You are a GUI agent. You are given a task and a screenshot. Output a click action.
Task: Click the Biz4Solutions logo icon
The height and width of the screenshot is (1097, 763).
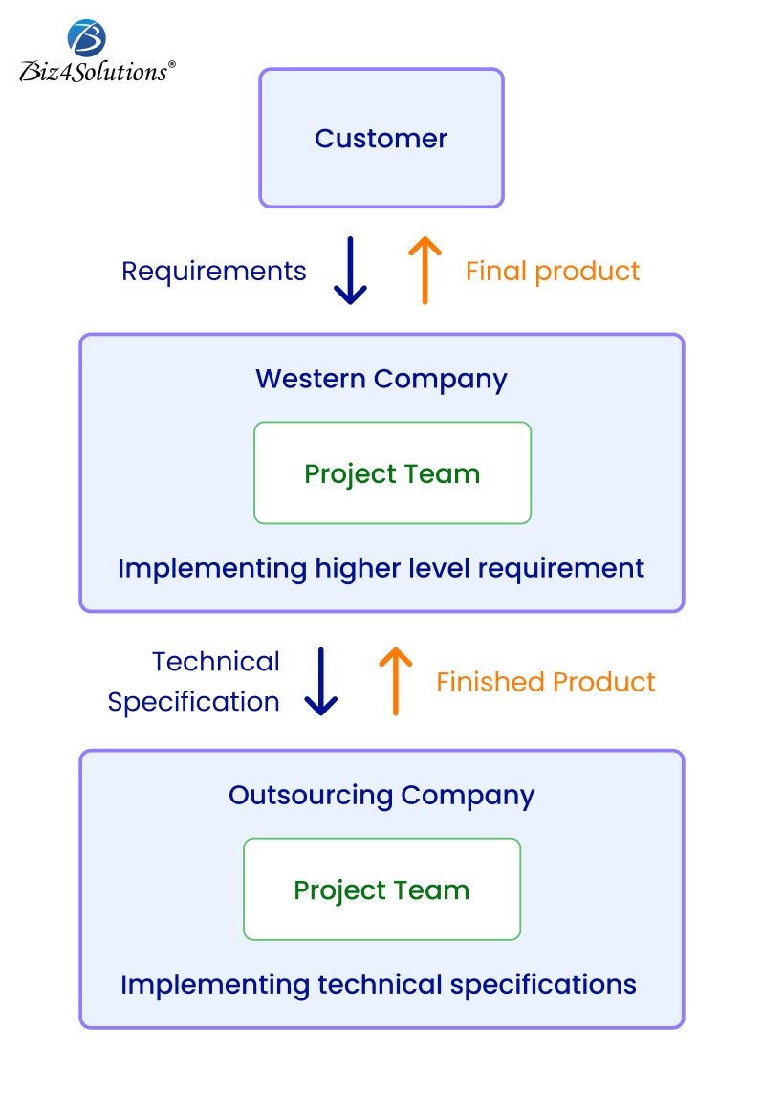(x=87, y=37)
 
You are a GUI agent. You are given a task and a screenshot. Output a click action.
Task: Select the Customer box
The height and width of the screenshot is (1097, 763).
(x=381, y=138)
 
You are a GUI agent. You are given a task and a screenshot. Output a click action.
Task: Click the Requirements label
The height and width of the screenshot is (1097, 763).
(x=213, y=272)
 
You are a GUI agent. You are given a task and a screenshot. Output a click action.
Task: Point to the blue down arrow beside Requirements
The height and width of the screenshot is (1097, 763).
(x=351, y=271)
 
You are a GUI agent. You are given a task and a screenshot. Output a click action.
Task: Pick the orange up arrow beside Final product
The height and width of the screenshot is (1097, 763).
(x=425, y=271)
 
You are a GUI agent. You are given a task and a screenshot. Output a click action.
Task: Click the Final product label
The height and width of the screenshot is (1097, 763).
(x=552, y=272)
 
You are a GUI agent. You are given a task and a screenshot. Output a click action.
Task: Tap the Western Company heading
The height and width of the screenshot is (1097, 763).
(x=381, y=379)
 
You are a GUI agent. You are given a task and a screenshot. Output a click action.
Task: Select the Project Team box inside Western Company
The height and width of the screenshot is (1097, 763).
(x=392, y=473)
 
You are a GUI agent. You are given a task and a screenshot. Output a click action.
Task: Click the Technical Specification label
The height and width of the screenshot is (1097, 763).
(x=194, y=682)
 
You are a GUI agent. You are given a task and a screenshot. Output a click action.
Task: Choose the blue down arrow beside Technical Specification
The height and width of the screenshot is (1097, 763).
(x=321, y=682)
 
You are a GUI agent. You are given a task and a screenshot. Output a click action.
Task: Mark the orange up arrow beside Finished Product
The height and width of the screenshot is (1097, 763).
(x=395, y=682)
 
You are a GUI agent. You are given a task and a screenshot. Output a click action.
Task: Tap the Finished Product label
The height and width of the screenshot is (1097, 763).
(x=546, y=682)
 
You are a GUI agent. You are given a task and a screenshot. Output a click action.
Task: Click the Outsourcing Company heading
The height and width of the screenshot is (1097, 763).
(x=381, y=796)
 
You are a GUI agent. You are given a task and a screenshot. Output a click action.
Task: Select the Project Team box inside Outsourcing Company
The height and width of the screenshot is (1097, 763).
(x=381, y=889)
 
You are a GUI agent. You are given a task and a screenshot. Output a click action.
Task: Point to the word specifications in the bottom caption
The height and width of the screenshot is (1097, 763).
(x=543, y=985)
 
